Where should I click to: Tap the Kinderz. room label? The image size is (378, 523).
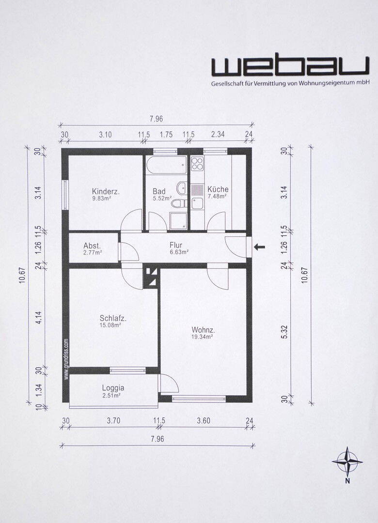[106, 191]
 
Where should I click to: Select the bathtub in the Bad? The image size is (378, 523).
[166, 165]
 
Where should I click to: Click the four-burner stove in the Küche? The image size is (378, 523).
[197, 164]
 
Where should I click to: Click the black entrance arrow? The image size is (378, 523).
[259, 247]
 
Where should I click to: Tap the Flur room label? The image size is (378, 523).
[175, 246]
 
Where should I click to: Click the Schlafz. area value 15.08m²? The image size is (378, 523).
[110, 324]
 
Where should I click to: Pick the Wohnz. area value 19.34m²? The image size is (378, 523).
[203, 337]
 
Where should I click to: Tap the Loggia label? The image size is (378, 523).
[113, 388]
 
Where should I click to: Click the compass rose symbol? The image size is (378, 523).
[347, 462]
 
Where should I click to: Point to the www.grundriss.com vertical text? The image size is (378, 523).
[66, 359]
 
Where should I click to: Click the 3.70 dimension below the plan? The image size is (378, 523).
[113, 421]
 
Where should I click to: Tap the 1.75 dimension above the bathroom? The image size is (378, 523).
[166, 135]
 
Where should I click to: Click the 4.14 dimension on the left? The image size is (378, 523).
[39, 318]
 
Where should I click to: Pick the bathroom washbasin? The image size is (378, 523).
[182, 187]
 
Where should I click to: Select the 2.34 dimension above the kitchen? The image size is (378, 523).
[218, 135]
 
